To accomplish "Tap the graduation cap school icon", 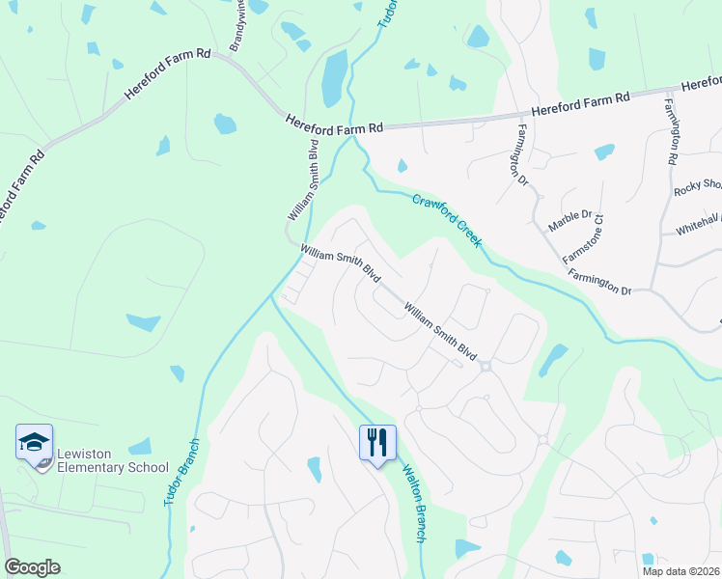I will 35,444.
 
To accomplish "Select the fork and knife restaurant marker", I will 377,443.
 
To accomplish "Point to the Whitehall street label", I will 697,223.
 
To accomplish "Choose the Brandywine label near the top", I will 236,27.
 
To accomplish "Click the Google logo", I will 32,566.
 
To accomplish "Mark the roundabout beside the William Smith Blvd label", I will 486,366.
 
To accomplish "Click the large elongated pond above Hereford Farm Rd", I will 334,77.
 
